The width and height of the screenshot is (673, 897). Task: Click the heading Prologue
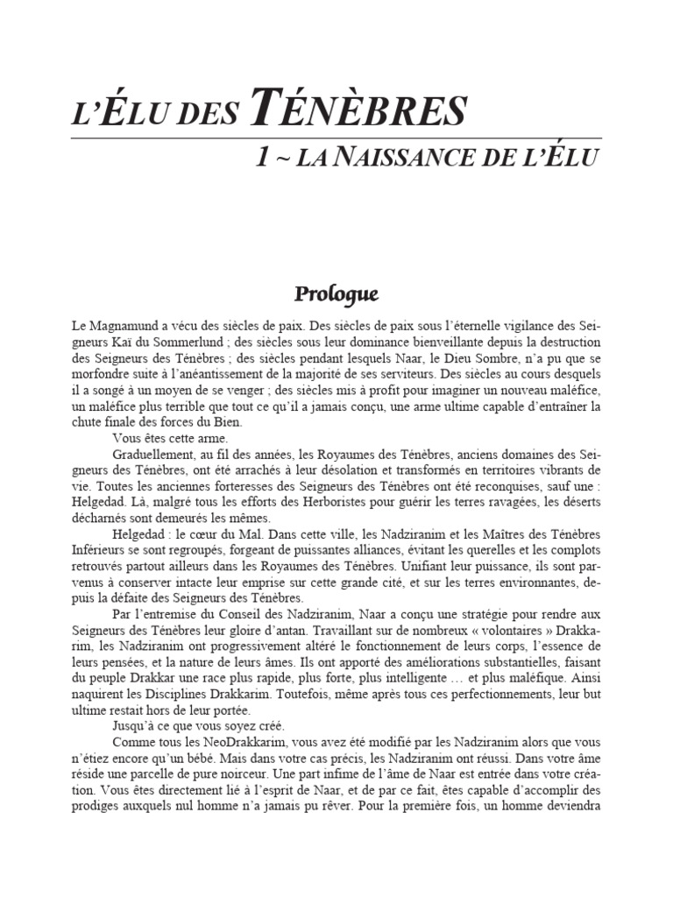point(336,291)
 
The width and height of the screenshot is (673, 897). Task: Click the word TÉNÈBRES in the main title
point(358,112)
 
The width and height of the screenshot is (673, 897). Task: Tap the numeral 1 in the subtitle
point(261,159)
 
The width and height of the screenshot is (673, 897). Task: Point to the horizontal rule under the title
point(336,138)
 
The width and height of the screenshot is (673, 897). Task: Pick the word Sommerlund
point(193,343)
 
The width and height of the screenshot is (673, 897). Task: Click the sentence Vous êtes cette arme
point(171,437)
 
